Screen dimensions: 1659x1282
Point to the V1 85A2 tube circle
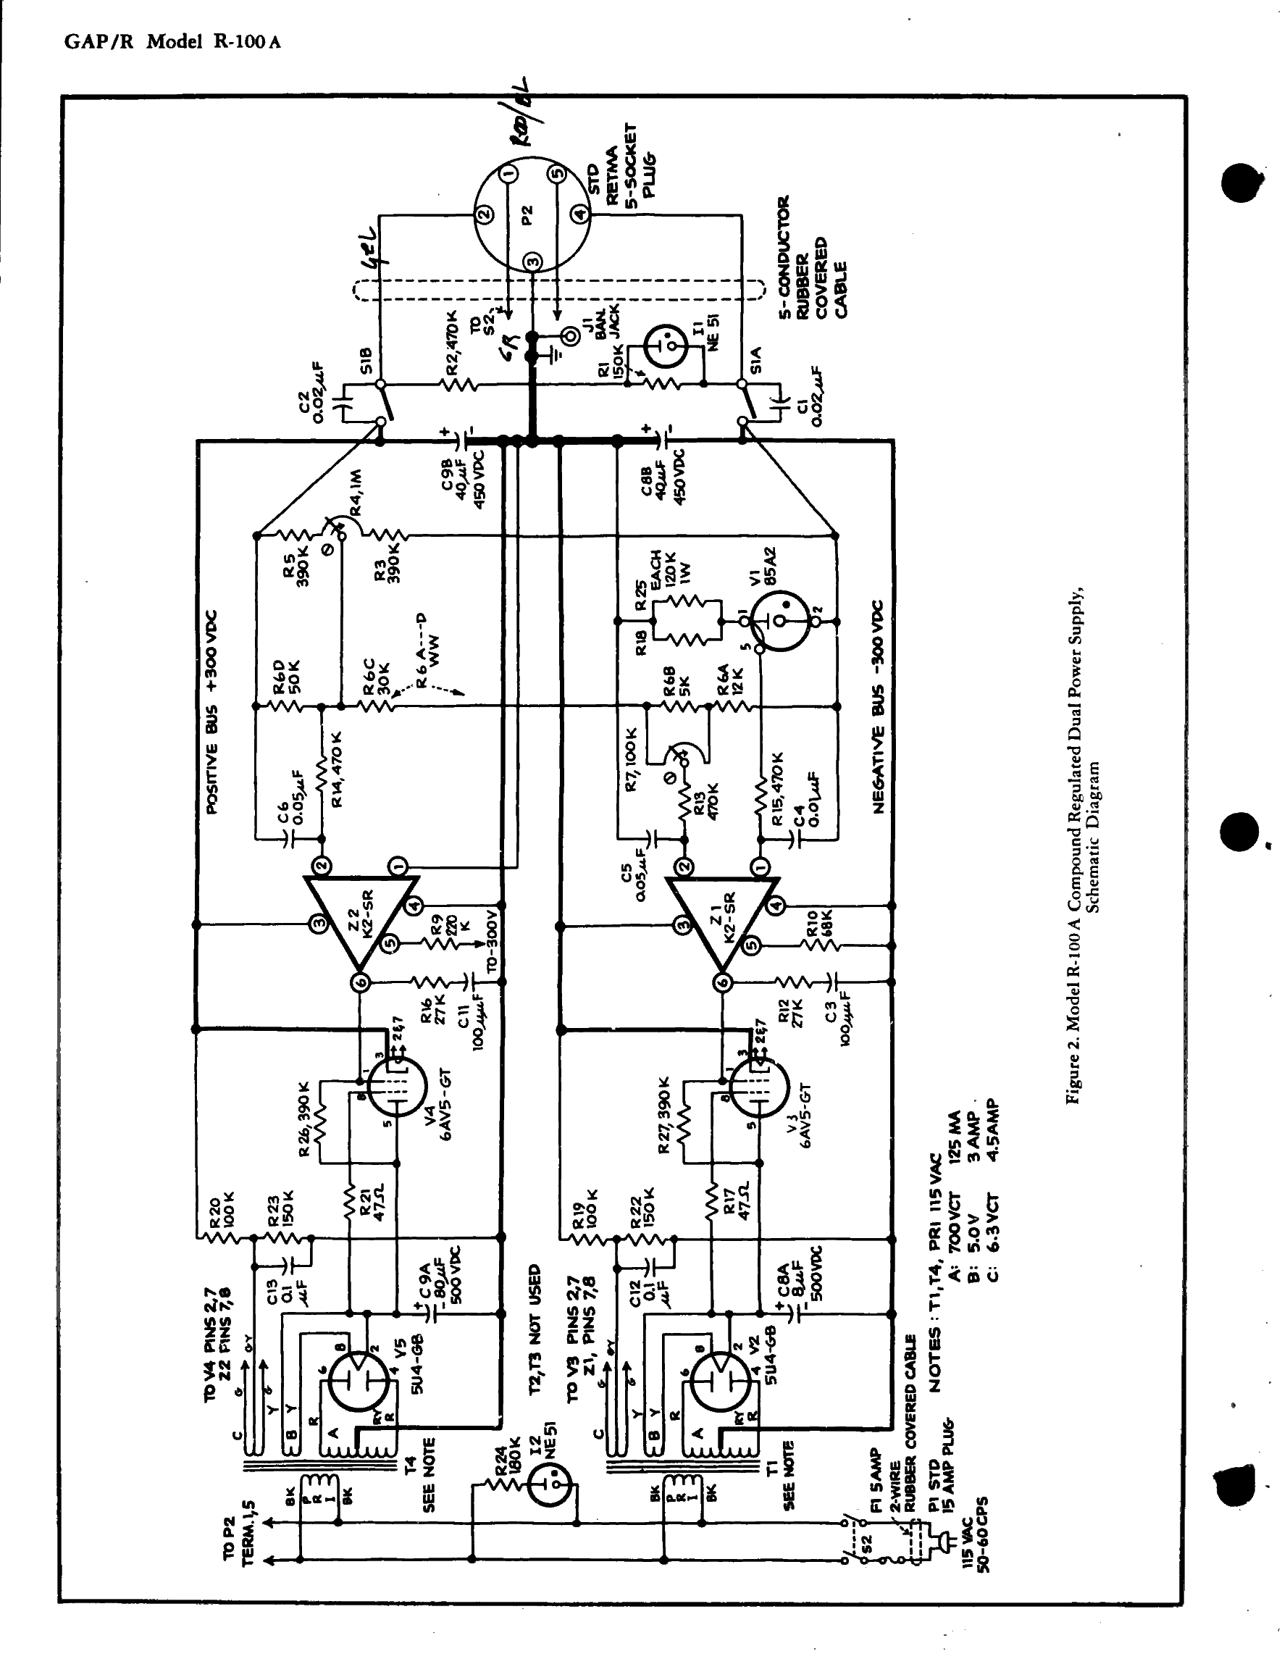click(x=782, y=622)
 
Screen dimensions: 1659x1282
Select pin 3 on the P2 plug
click(x=533, y=262)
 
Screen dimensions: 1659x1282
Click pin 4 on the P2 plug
click(x=580, y=215)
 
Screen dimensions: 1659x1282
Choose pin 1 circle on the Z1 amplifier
click(x=760, y=866)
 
